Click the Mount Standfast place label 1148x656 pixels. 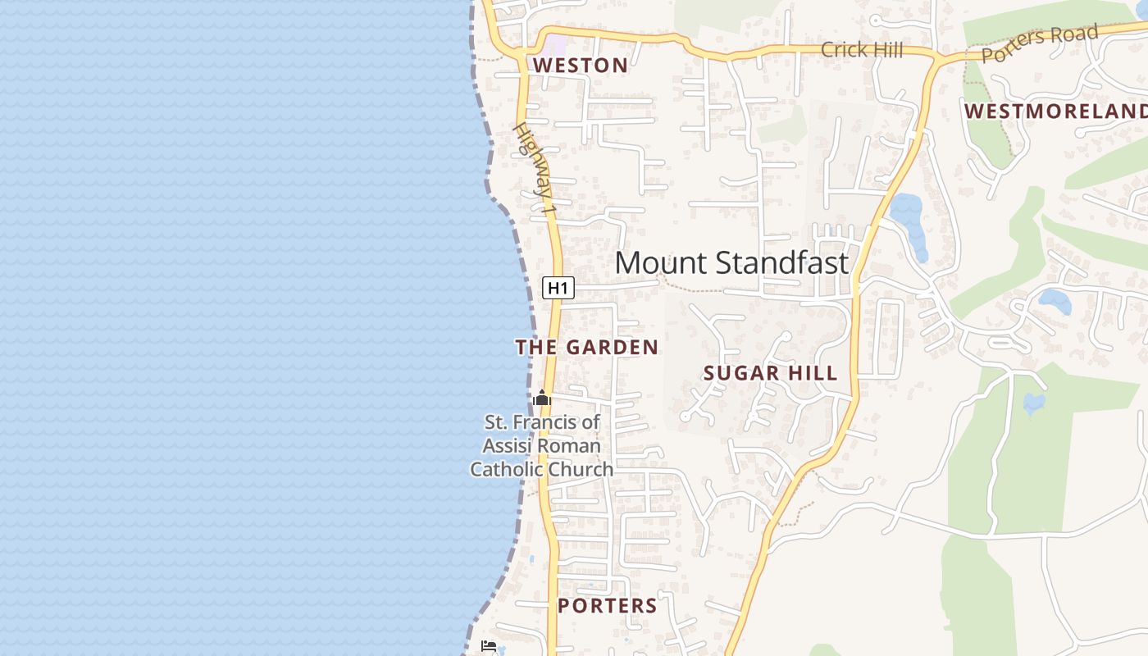tap(731, 263)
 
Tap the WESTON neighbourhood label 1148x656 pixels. tap(581, 66)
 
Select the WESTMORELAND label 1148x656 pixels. tap(1056, 112)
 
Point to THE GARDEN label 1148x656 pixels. tap(586, 348)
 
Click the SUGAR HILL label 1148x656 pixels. tap(770, 374)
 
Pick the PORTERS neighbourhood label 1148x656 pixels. tap(607, 606)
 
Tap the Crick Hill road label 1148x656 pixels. tap(862, 50)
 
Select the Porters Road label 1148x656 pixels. tap(1039, 43)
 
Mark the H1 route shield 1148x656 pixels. tap(558, 288)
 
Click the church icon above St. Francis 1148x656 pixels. tap(541, 399)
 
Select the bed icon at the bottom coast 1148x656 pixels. tap(489, 647)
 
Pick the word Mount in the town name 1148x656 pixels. tap(649, 263)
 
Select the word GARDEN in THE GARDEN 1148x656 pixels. tap(610, 348)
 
